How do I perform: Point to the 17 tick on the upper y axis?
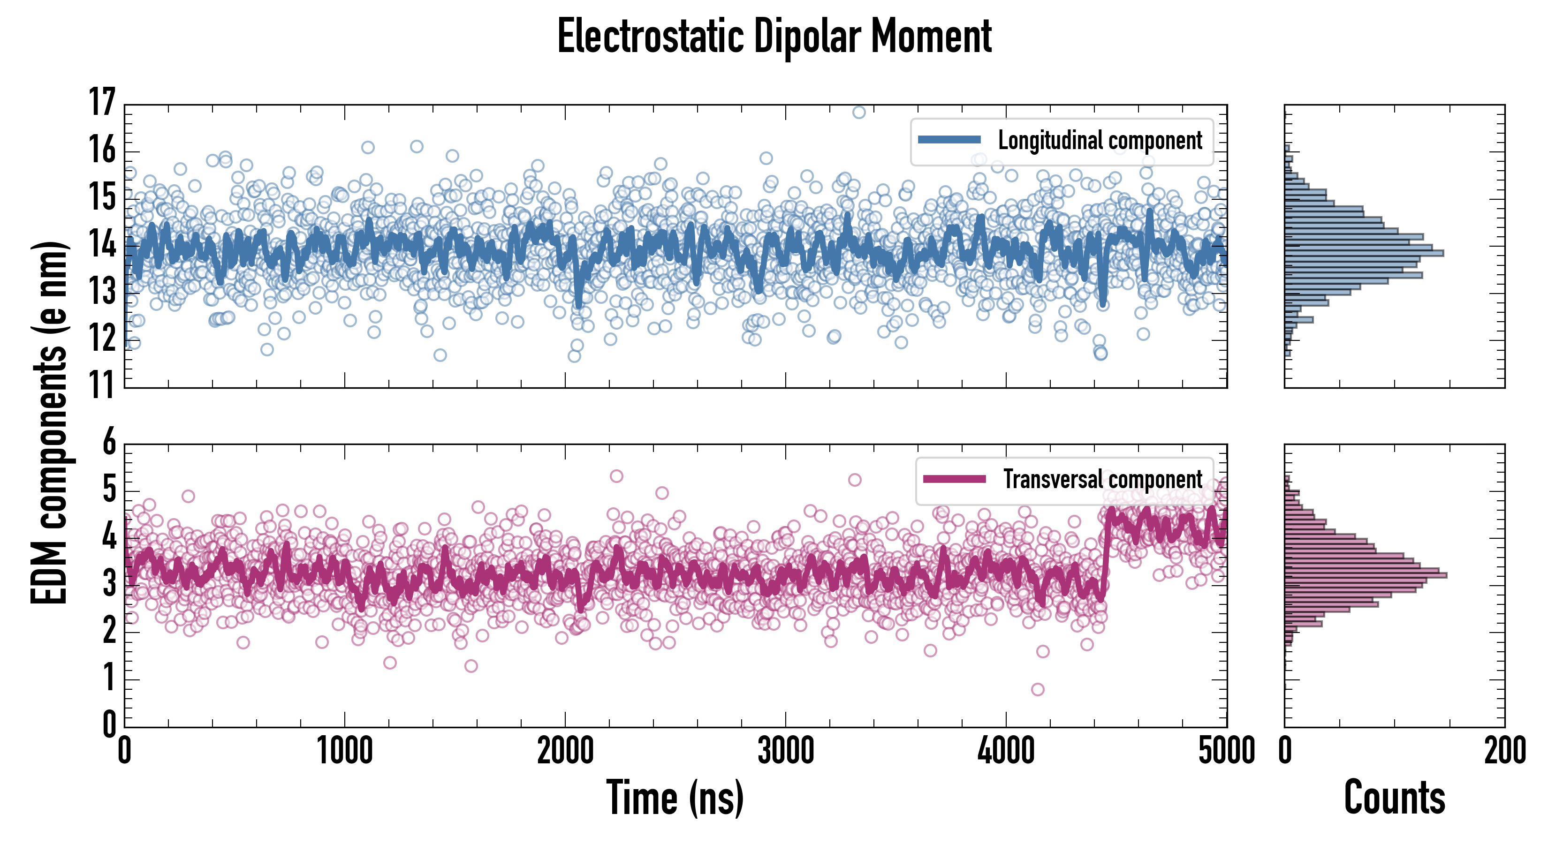click(102, 103)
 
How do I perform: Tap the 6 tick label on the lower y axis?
click(109, 443)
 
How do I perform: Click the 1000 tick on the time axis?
click(344, 751)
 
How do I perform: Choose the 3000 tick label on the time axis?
click(785, 751)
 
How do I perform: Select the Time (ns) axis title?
click(675, 798)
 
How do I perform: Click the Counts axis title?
click(1394, 798)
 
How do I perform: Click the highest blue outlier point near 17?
click(859, 113)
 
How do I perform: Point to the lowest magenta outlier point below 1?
click(1037, 689)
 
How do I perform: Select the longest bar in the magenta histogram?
click(1366, 575)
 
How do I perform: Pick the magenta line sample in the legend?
click(954, 479)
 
